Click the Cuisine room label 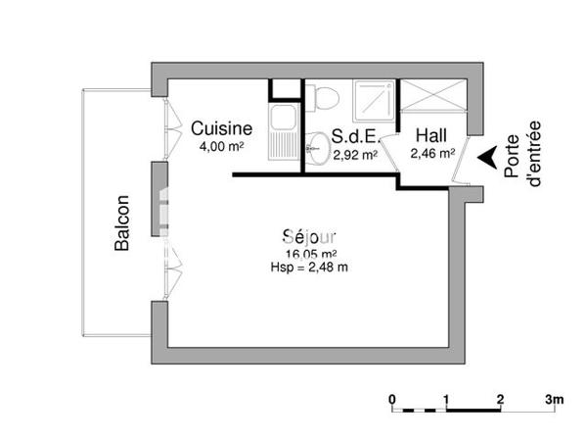[x=222, y=128]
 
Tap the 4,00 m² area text [x=221, y=147]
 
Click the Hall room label [x=431, y=135]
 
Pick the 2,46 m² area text [x=431, y=153]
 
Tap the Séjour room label [x=309, y=236]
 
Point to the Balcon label [x=122, y=224]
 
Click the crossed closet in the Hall [x=433, y=99]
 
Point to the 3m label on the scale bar [x=555, y=399]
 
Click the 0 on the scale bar [x=391, y=399]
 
